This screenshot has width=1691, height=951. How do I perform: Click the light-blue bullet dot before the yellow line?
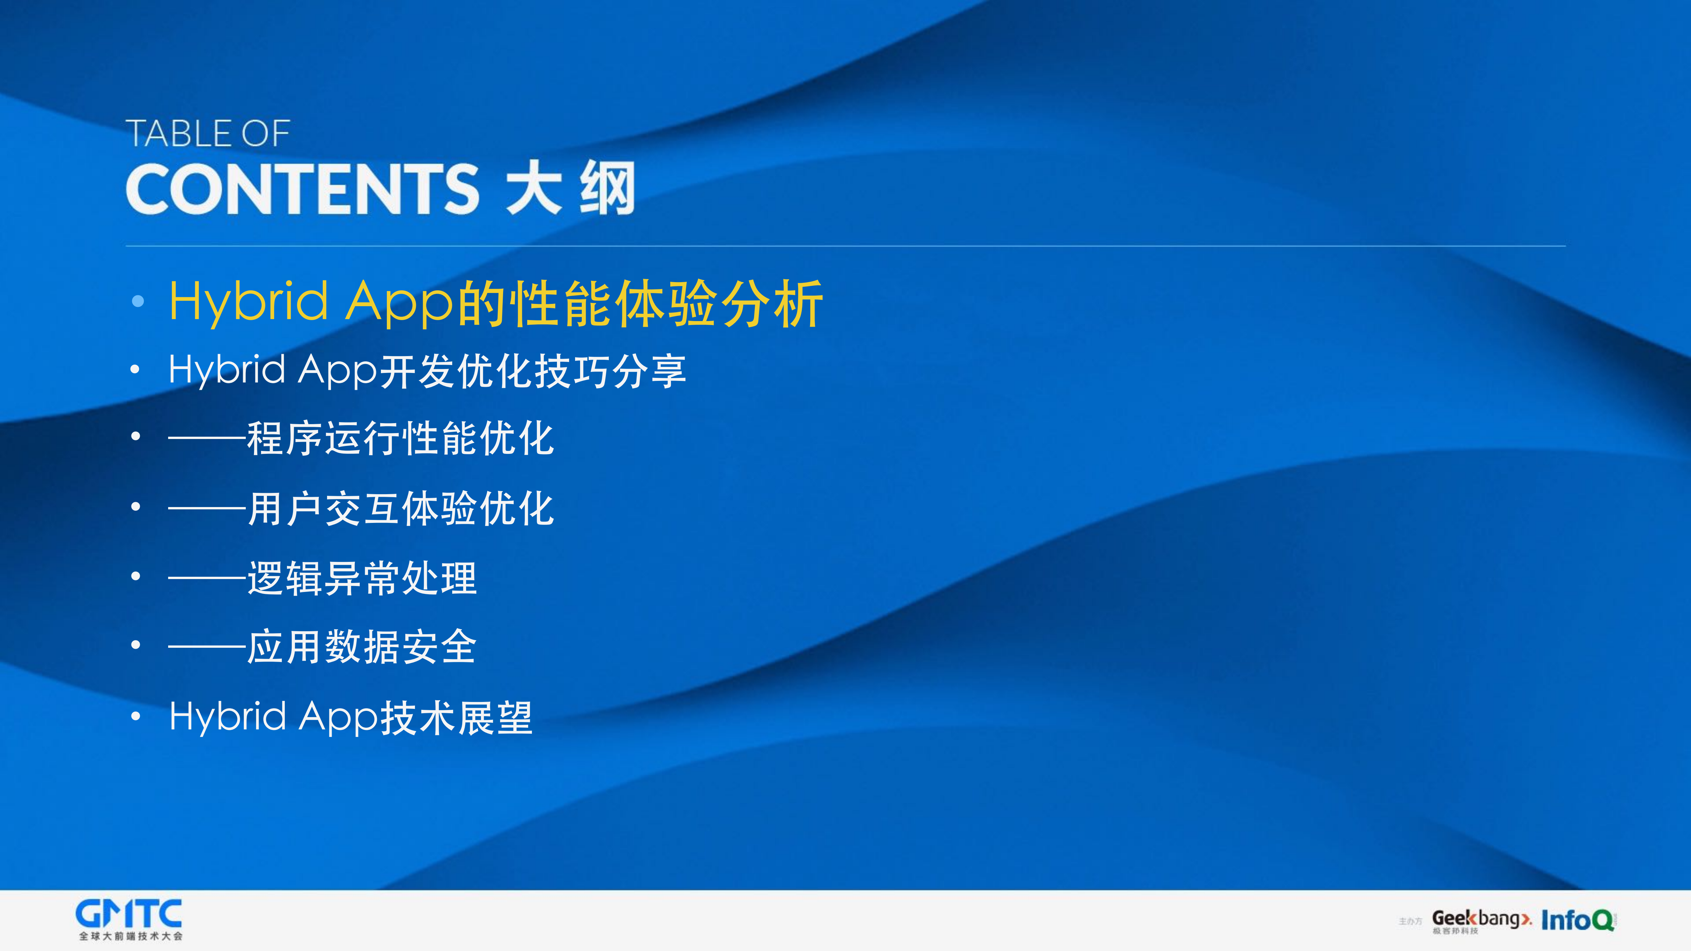[137, 301]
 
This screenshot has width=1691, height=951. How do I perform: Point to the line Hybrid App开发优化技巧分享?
[427, 370]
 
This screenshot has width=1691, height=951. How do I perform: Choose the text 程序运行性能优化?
[400, 438]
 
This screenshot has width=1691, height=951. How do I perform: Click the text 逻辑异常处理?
[362, 578]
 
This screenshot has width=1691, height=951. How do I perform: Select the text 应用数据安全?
[362, 647]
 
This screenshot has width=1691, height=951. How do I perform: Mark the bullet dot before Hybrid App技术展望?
[135, 717]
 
